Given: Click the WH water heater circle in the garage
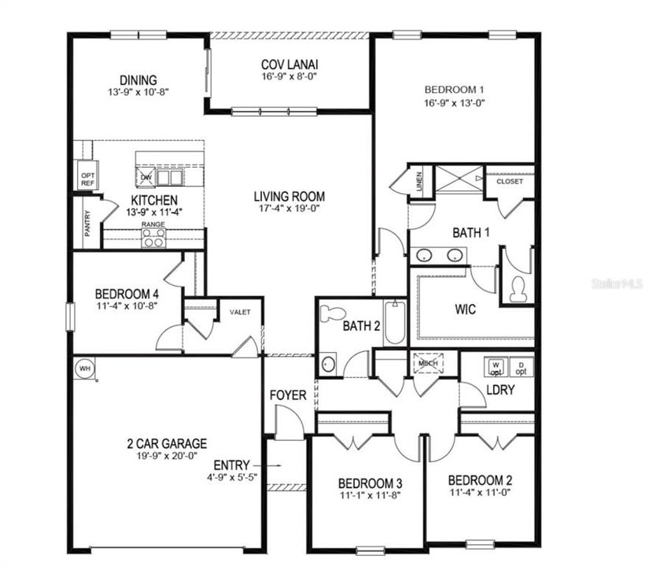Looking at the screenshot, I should pyautogui.click(x=83, y=368).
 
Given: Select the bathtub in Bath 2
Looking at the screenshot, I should pyautogui.click(x=394, y=323).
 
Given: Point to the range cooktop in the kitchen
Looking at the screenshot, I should pyautogui.click(x=153, y=238).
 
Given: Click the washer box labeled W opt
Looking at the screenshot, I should pyautogui.click(x=496, y=366).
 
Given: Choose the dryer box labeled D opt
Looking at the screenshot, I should pyautogui.click(x=521, y=366).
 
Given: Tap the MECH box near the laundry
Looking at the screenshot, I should pyautogui.click(x=428, y=363).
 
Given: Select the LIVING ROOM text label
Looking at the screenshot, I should pyautogui.click(x=289, y=196).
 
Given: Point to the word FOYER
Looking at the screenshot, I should pyautogui.click(x=289, y=395).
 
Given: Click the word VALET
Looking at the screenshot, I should pyautogui.click(x=240, y=312).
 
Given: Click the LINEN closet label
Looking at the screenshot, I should pyautogui.click(x=419, y=180).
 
